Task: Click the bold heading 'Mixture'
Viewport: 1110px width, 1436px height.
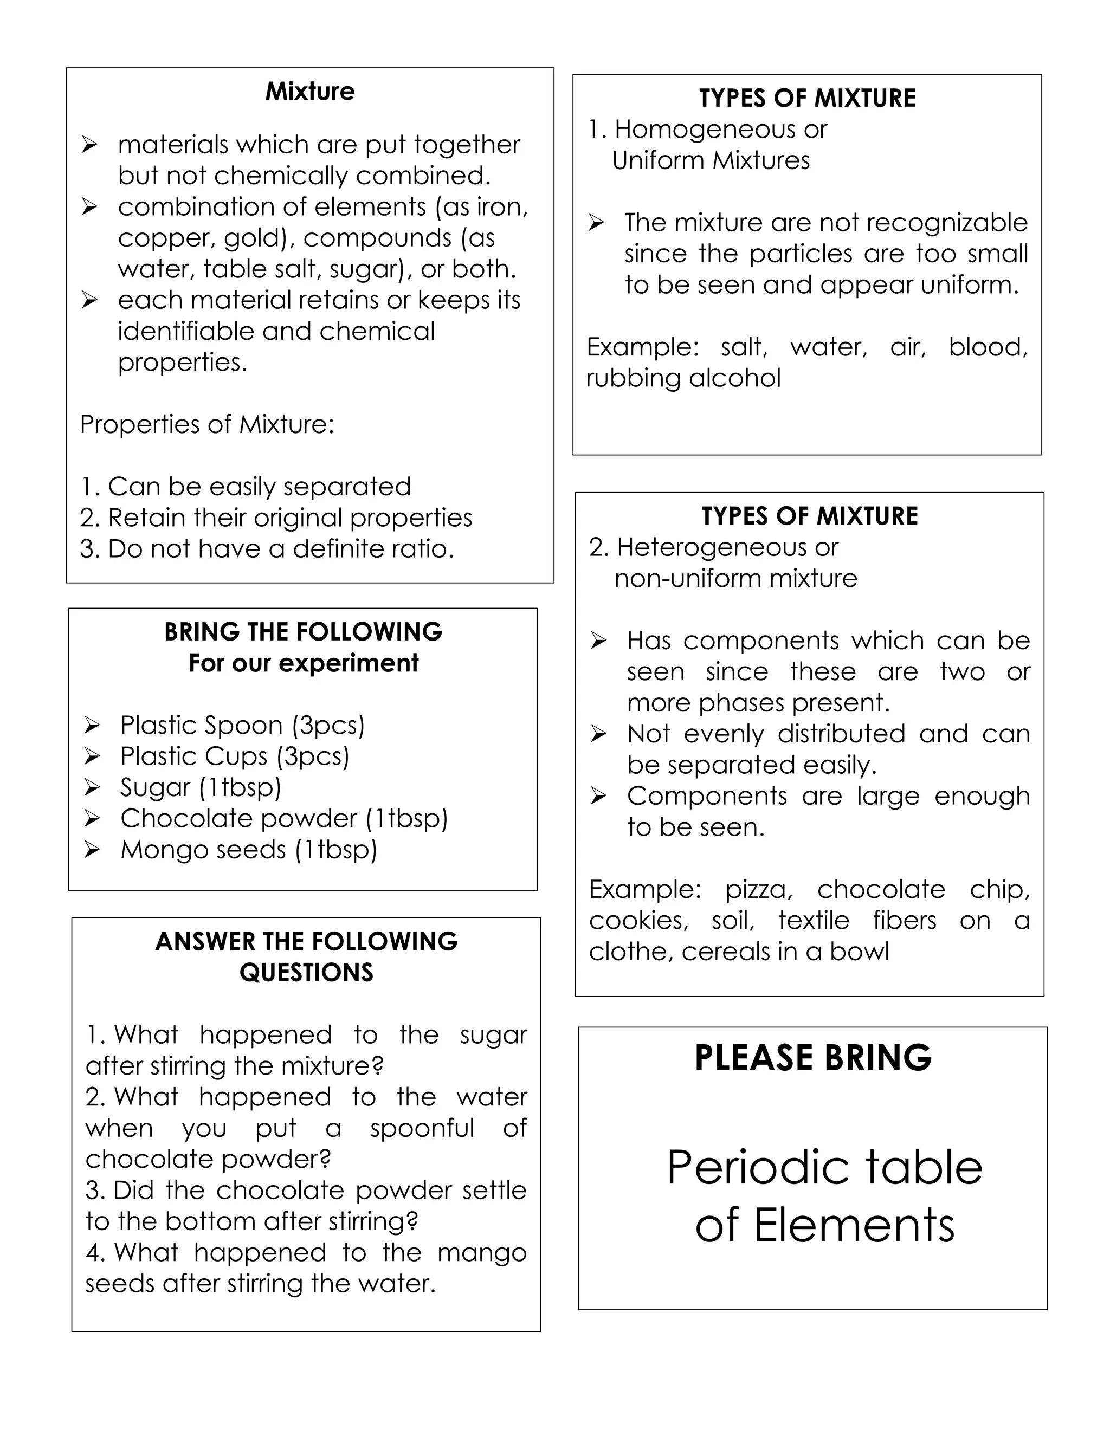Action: coord(309,92)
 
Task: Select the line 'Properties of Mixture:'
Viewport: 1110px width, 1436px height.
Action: coord(207,425)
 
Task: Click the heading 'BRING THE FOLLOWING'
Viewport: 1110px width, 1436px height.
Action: coord(303,632)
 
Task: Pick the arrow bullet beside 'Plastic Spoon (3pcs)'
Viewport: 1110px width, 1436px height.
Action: coord(92,725)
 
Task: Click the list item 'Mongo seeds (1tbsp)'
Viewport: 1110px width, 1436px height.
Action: coord(249,850)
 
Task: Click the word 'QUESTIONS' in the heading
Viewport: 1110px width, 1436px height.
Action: coord(306,973)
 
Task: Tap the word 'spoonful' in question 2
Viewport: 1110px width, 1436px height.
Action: coord(422,1128)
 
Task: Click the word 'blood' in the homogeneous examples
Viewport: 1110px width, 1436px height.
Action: coord(987,347)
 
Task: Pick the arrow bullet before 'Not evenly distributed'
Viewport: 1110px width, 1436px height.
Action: coord(598,734)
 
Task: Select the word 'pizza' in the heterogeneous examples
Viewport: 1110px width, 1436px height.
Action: coord(758,890)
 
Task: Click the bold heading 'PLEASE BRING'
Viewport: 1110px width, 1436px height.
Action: coord(813,1058)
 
